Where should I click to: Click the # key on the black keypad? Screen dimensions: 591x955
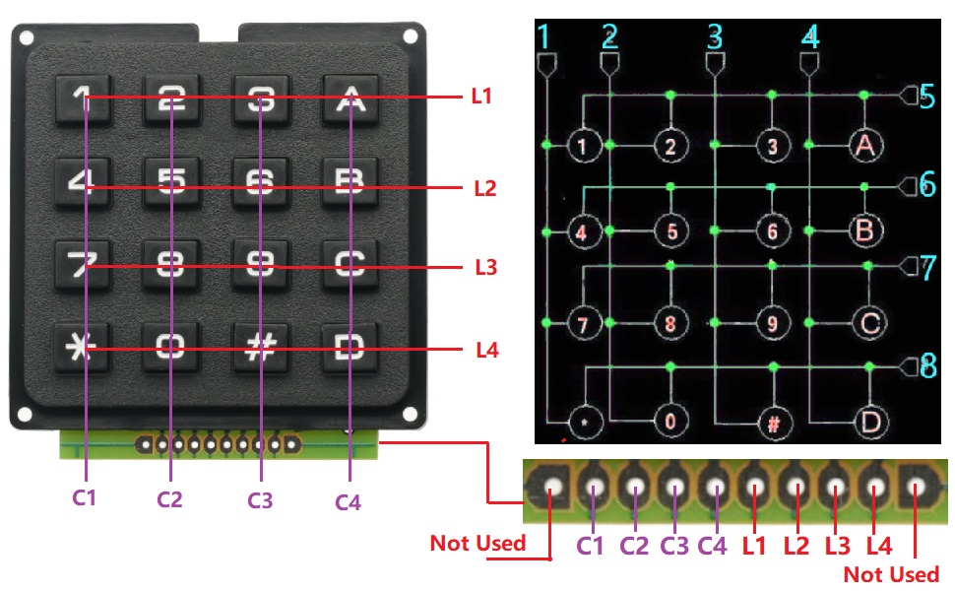point(260,349)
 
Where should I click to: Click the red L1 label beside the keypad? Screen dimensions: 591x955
point(481,97)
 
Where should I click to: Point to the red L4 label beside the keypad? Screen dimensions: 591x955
point(488,349)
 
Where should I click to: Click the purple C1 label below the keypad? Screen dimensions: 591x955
point(85,497)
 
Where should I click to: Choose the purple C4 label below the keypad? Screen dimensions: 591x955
point(348,503)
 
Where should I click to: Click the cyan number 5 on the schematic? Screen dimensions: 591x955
point(925,97)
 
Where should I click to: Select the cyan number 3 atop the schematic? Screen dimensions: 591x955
point(716,37)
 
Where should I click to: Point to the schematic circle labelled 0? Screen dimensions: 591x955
point(670,420)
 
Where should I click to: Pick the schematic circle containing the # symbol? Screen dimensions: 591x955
point(774,425)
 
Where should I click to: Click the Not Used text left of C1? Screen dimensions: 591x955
point(477,543)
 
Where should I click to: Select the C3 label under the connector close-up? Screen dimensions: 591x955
point(674,543)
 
